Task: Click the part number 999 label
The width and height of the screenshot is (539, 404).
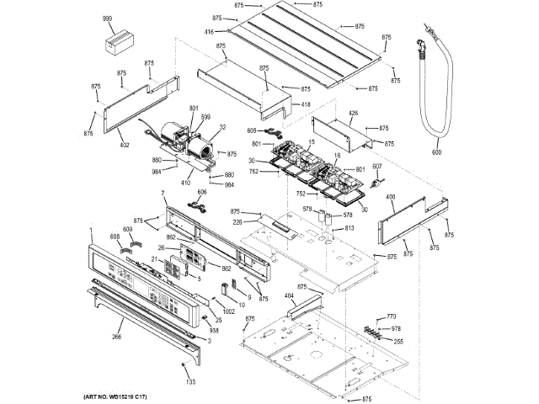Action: tap(108, 19)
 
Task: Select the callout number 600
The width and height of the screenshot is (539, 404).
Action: tap(436, 152)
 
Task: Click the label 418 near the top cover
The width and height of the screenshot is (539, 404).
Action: tap(305, 104)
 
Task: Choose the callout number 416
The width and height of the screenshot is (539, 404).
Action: tap(208, 32)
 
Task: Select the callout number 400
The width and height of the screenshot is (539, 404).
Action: tap(390, 197)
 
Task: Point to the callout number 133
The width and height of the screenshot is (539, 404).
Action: tap(190, 382)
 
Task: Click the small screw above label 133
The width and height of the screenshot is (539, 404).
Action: tap(184, 363)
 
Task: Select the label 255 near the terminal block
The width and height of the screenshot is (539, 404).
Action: tap(398, 340)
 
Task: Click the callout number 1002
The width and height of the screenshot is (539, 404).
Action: tap(228, 312)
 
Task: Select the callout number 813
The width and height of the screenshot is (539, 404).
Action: tap(349, 228)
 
